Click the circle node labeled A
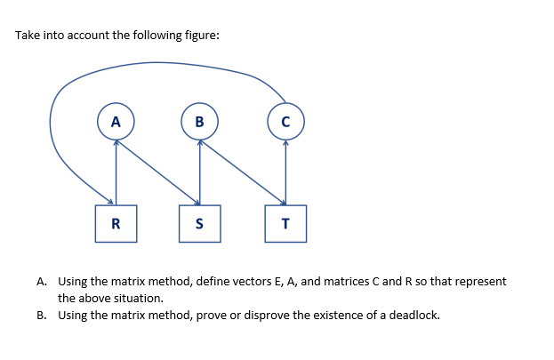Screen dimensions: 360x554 (116, 122)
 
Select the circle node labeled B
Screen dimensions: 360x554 (199, 122)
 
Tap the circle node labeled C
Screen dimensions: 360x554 (285, 122)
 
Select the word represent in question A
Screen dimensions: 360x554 (481, 282)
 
